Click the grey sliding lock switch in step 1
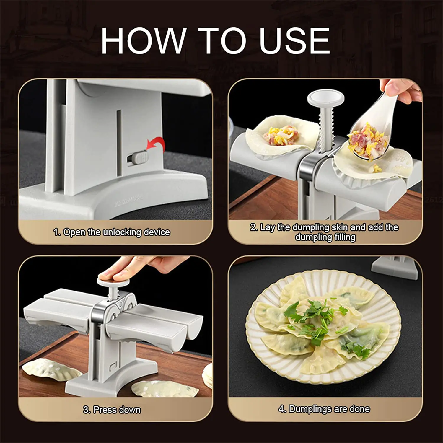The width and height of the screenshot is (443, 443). (139, 157)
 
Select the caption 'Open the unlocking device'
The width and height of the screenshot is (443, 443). (116, 232)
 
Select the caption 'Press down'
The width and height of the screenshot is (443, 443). (117, 410)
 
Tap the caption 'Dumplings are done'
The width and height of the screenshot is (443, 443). (329, 409)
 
